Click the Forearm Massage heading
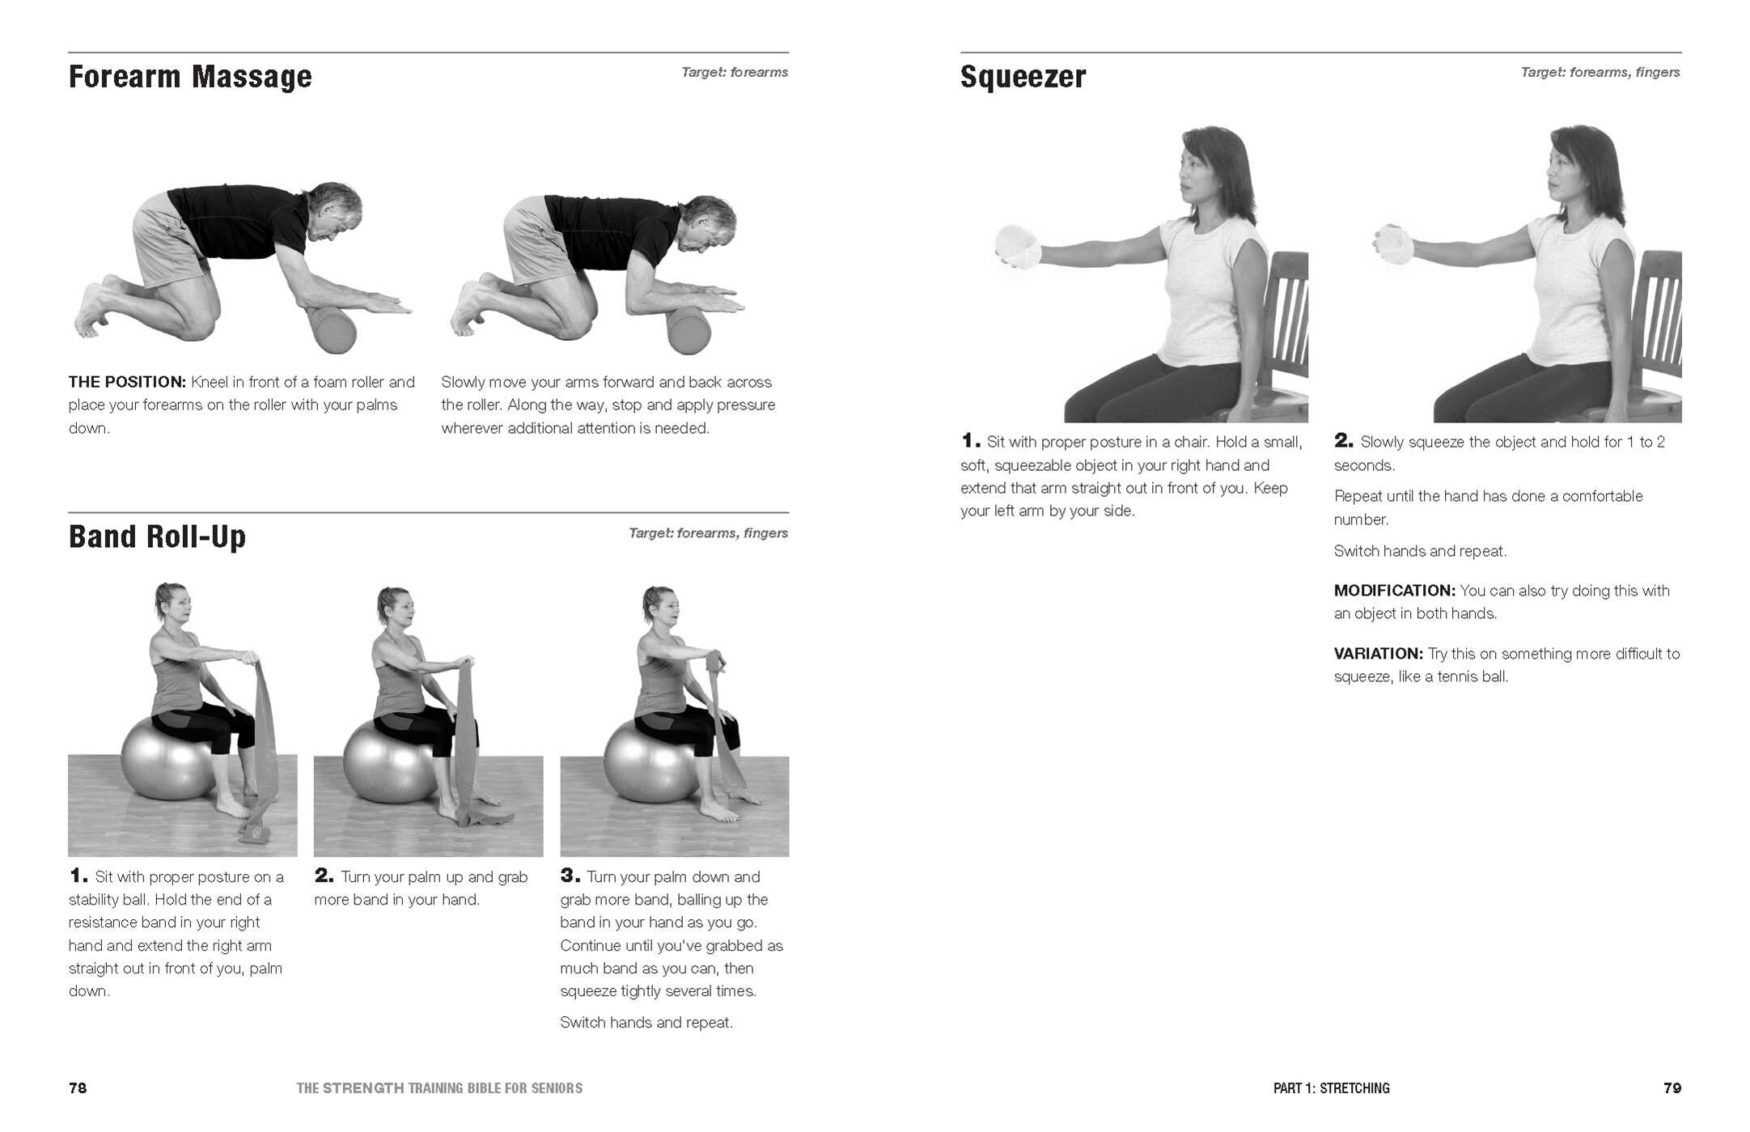click(190, 77)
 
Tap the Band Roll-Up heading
click(157, 536)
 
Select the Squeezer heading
click(1023, 77)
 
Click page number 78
click(78, 1087)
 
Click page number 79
click(1672, 1087)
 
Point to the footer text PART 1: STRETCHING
click(1331, 1088)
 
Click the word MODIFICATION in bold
click(1393, 591)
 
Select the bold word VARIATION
click(1377, 654)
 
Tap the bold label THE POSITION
click(127, 382)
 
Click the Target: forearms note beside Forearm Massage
click(734, 72)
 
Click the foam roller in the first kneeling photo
click(332, 329)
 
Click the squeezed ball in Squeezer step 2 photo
click(1393, 244)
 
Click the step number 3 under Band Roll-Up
click(569, 875)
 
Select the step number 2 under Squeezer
click(1342, 441)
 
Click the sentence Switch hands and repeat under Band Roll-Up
click(646, 1023)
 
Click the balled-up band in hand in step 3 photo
click(716, 662)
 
